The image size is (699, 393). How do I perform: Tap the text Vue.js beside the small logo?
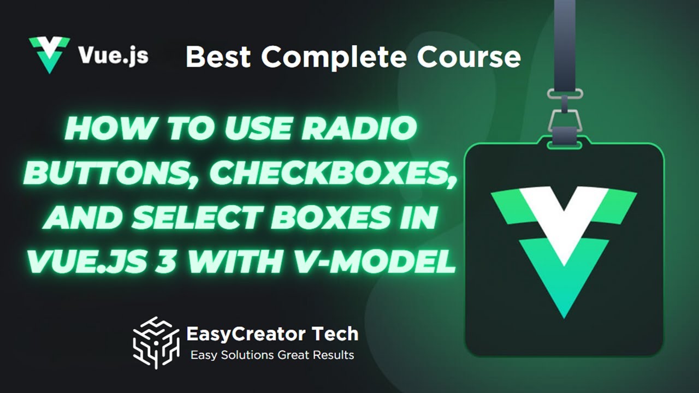click(113, 56)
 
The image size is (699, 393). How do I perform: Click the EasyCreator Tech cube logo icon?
click(156, 343)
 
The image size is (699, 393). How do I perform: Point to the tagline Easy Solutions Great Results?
click(272, 355)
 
